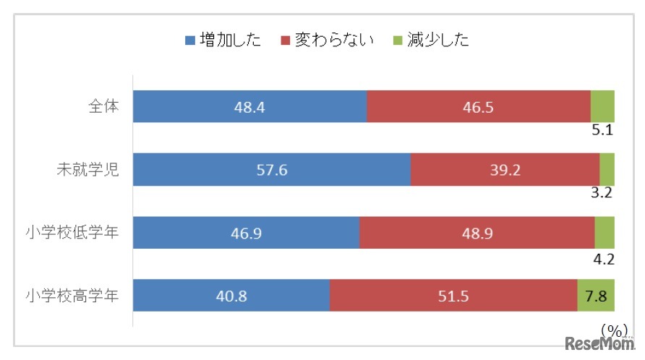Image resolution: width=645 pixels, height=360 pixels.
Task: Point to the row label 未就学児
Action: (88, 169)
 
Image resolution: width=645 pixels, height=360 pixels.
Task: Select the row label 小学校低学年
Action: (72, 232)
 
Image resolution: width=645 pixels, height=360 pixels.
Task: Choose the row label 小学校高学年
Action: (72, 295)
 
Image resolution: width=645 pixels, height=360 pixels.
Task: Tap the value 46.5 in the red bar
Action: (479, 107)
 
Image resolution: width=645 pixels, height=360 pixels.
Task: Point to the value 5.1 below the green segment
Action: (602, 132)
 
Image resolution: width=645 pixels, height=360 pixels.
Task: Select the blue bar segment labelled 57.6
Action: (272, 170)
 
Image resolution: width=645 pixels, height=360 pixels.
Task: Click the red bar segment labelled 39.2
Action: (505, 170)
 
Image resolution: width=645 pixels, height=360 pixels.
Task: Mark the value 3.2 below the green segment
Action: (602, 194)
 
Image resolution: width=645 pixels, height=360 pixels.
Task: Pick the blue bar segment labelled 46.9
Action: (246, 233)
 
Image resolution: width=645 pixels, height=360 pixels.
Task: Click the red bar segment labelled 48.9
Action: (477, 233)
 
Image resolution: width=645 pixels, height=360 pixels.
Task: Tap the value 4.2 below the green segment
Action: (602, 257)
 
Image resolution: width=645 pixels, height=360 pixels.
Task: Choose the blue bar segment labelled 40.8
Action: (231, 295)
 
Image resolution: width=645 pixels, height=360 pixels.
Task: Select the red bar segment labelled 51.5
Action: (453, 295)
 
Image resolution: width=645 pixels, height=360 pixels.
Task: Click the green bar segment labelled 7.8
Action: (596, 295)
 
